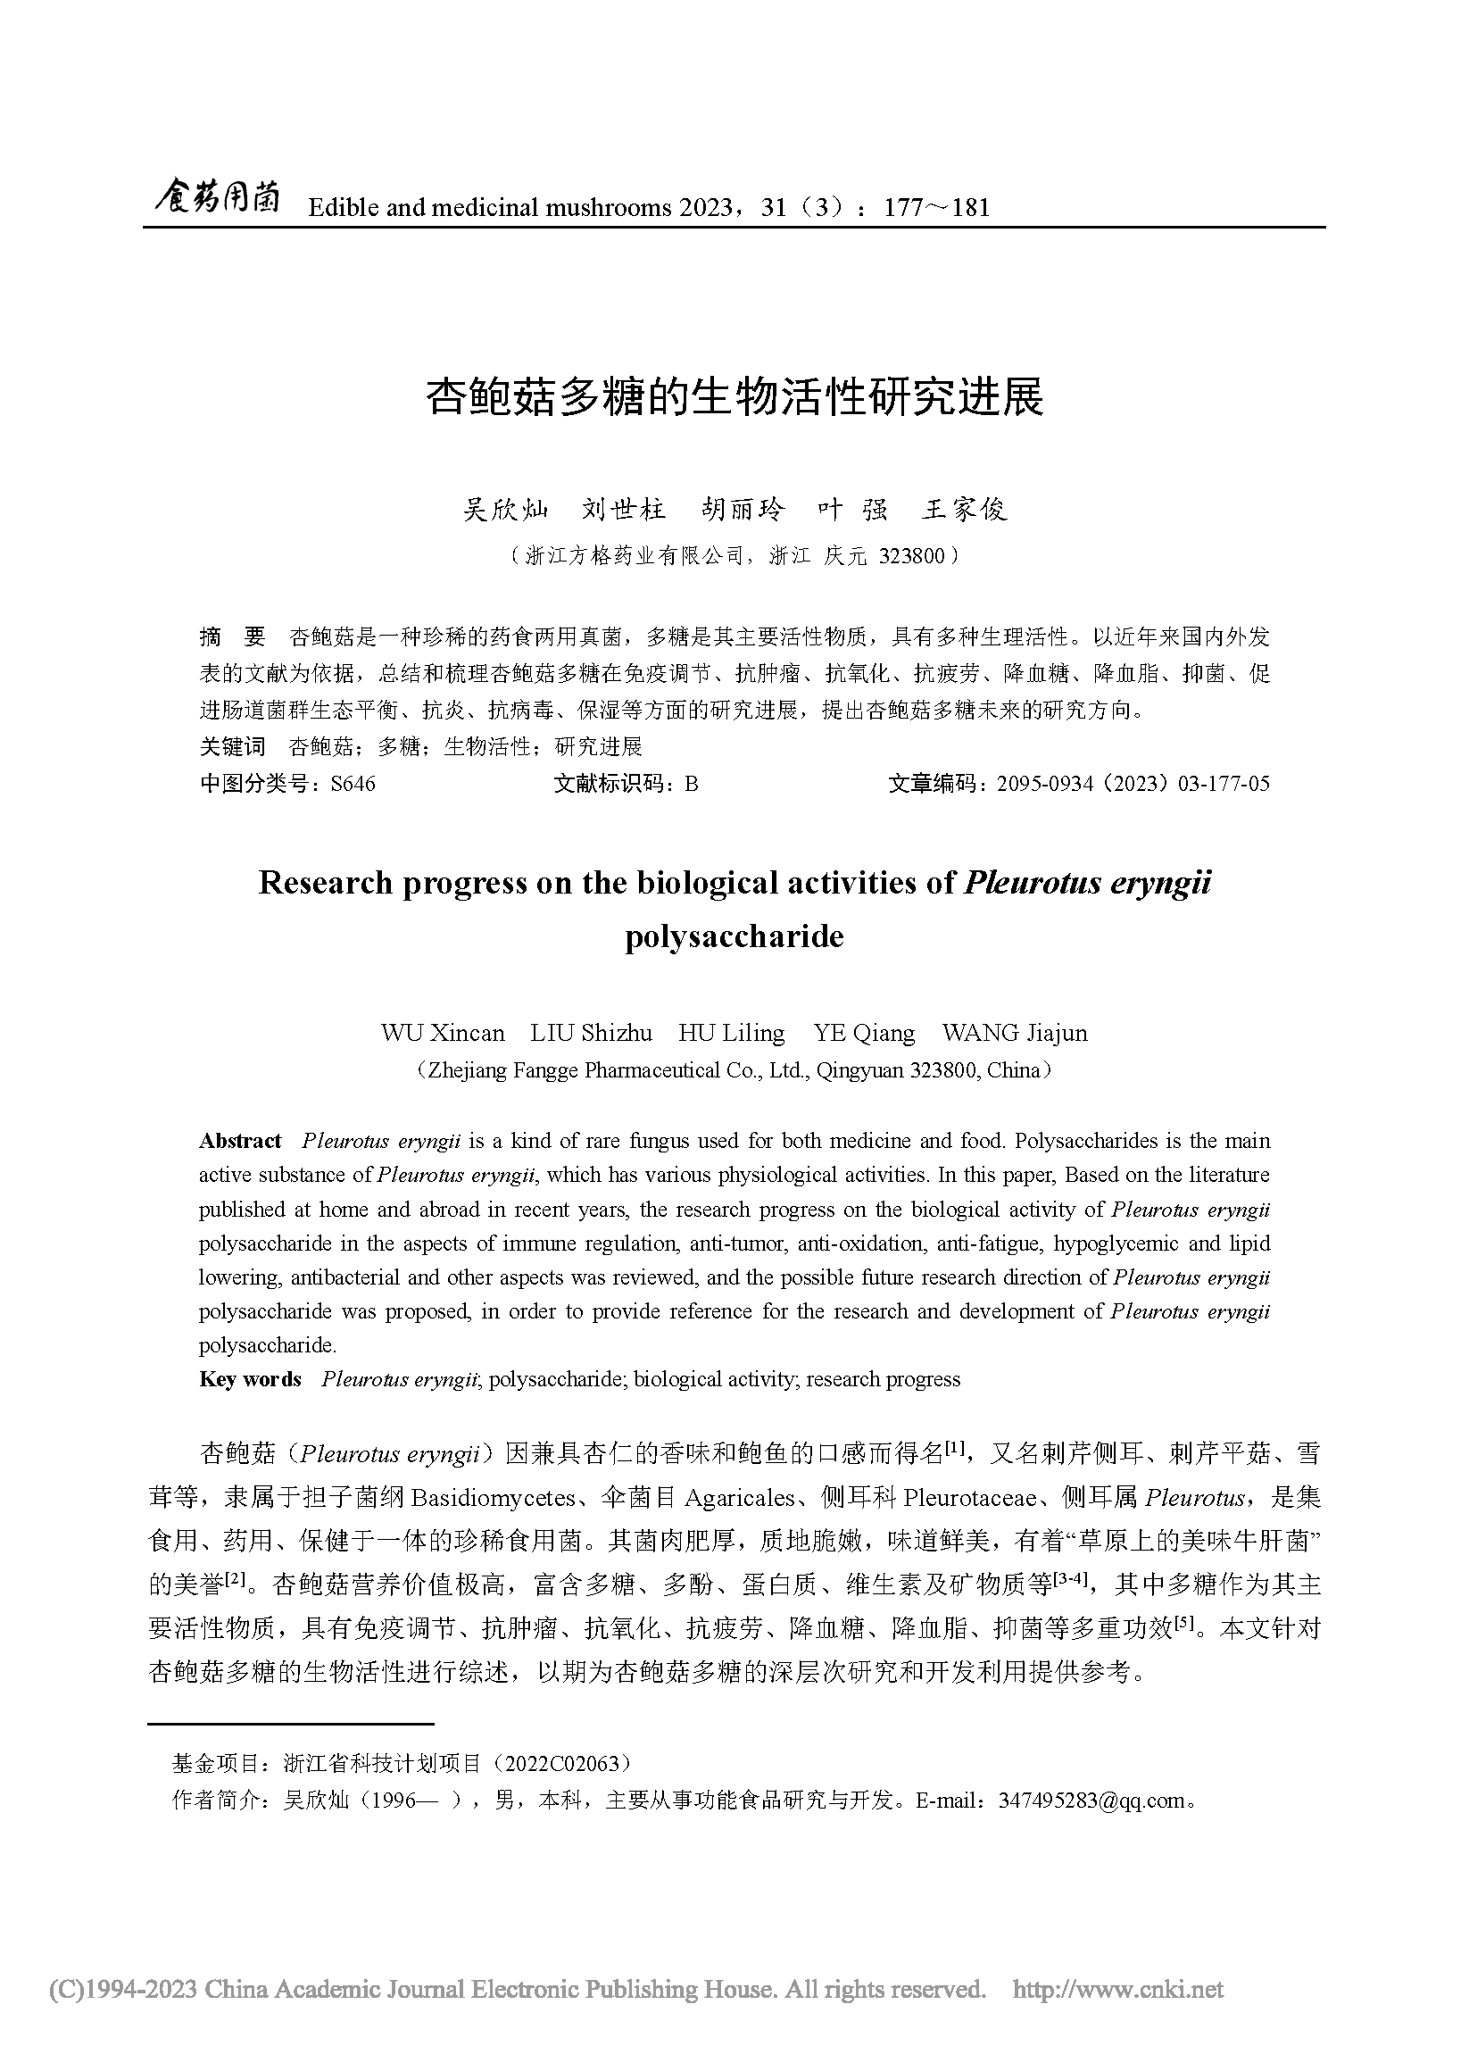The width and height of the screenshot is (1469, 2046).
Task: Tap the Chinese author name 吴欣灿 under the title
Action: click(x=506, y=510)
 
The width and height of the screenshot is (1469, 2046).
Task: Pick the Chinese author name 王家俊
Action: click(x=964, y=510)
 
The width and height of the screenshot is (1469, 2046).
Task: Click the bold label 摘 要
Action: click(x=233, y=637)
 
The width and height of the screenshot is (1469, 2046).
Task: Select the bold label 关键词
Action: click(x=233, y=747)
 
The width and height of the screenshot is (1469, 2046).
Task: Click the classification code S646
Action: click(x=353, y=784)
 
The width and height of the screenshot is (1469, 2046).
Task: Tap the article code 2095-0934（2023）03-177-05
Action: click(x=1133, y=784)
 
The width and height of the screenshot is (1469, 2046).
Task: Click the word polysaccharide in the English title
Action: click(x=734, y=937)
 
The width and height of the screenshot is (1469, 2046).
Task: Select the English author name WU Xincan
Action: click(x=443, y=1033)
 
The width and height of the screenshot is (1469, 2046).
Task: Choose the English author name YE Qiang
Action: click(x=864, y=1033)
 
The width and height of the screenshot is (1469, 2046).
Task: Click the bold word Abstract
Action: click(x=240, y=1141)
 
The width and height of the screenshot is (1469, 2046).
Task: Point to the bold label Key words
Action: click(x=250, y=1379)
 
